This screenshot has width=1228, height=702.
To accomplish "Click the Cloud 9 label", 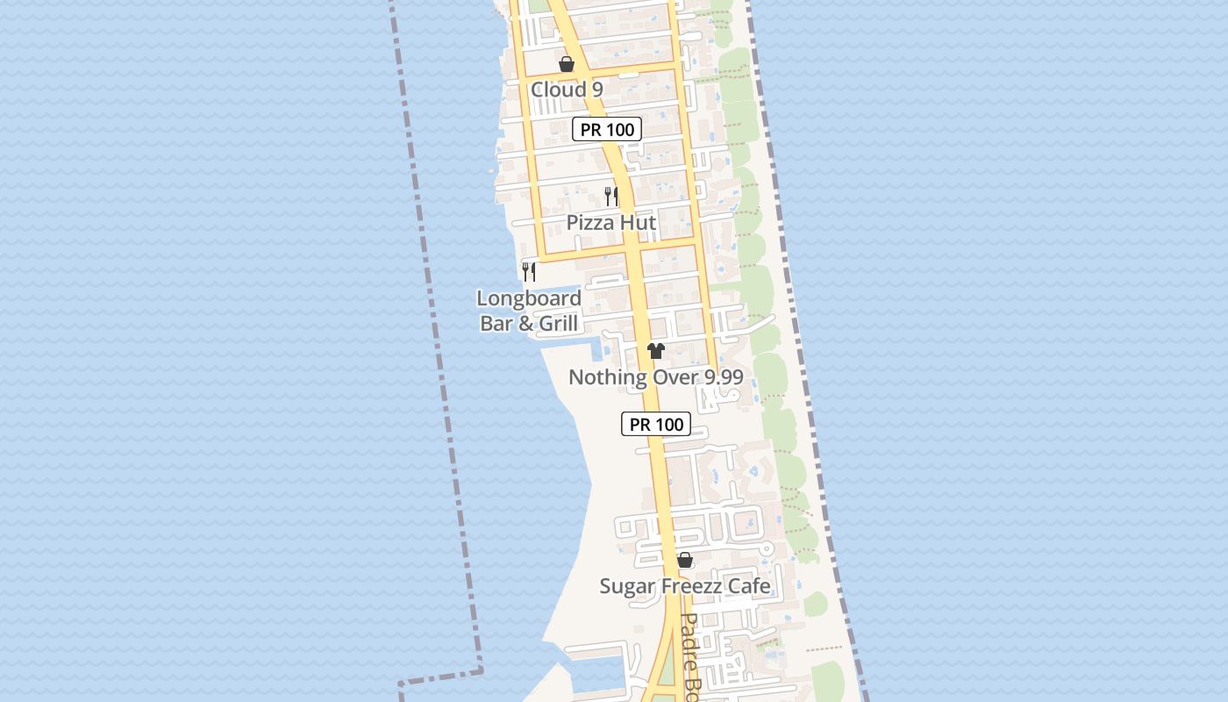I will click(567, 90).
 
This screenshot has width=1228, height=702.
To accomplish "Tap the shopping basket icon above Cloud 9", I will click(567, 64).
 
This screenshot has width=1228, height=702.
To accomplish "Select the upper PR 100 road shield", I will click(607, 129).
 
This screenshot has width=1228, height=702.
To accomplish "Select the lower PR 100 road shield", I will click(656, 424).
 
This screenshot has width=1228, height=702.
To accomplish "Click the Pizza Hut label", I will click(610, 222).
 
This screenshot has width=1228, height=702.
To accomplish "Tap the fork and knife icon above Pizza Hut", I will click(611, 196).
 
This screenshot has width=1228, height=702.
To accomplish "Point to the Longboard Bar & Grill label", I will click(529, 311).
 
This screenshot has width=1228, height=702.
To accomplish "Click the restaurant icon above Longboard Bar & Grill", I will click(529, 271).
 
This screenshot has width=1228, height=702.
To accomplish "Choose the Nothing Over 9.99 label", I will click(656, 377).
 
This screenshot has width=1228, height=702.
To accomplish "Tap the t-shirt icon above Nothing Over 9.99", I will click(656, 351).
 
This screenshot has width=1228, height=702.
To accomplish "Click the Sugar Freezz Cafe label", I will click(685, 586).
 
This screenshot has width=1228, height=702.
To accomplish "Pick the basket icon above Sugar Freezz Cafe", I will click(685, 560).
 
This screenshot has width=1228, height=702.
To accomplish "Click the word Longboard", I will click(529, 298).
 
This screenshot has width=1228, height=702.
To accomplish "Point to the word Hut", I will click(639, 222).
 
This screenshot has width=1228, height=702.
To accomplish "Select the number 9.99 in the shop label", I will click(720, 377).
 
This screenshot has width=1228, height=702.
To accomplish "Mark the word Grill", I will click(558, 323).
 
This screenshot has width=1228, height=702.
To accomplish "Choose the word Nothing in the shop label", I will click(605, 377).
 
